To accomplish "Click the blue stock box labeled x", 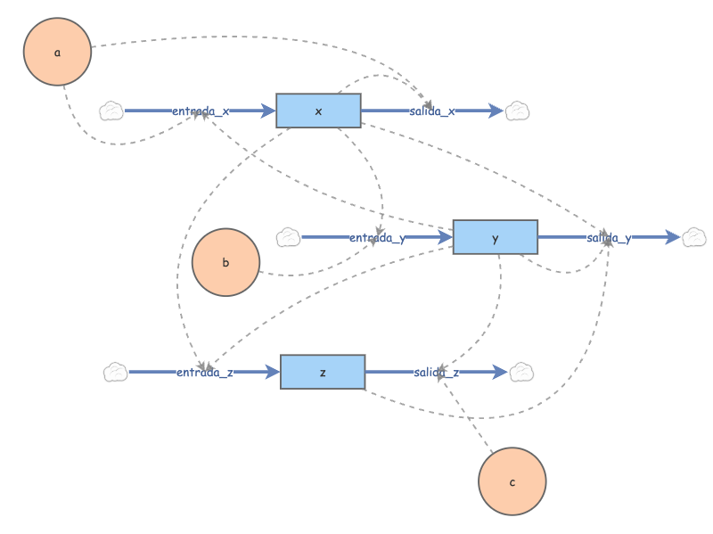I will coord(318,111).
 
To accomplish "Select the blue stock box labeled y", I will coord(495,237).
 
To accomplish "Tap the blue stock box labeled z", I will coord(323,372).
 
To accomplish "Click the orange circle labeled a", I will coord(58,52).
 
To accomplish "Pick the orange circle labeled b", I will coord(225,262).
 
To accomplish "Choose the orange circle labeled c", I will coord(512,481).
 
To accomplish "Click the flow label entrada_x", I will coord(201,111).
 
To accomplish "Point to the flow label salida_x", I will coord(432,111).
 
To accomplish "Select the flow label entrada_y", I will coord(377,238).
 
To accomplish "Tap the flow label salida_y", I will coord(609,238).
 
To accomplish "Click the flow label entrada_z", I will coord(204,373).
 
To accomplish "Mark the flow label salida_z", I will coord(437,373).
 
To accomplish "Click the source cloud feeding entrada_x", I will coord(111,111).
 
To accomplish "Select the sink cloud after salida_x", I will coord(518,111).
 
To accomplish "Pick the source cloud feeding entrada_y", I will coord(288,237).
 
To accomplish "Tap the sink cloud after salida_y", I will coord(694,237).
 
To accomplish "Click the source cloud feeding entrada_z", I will coord(115,372).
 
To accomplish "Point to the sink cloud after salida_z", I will coord(521,372).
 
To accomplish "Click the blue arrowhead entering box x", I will coord(268,111).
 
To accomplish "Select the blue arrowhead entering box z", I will coord(273,373).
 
